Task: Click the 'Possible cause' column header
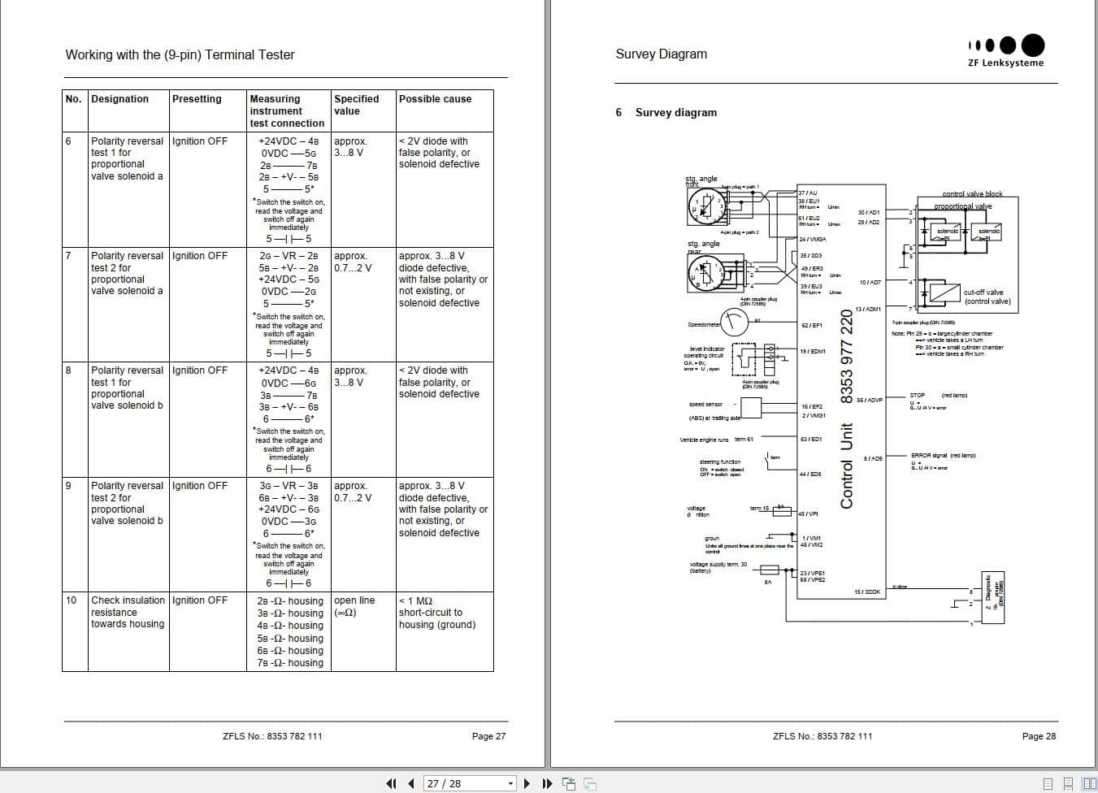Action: point(435,99)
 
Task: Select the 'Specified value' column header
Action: point(356,105)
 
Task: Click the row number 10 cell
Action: point(71,600)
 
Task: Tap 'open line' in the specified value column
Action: point(354,600)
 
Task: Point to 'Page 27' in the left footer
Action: point(488,736)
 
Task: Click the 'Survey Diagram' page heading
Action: point(661,54)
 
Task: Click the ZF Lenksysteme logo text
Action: point(1005,63)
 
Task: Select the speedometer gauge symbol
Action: point(734,323)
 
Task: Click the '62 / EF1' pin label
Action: point(812,325)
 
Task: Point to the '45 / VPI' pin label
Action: point(809,513)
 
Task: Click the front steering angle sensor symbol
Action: point(708,206)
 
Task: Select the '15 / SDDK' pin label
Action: point(866,591)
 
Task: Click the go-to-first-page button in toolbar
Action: point(391,783)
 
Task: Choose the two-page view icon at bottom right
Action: point(1089,783)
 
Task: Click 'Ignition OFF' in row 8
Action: point(200,370)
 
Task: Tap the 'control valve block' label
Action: point(972,194)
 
